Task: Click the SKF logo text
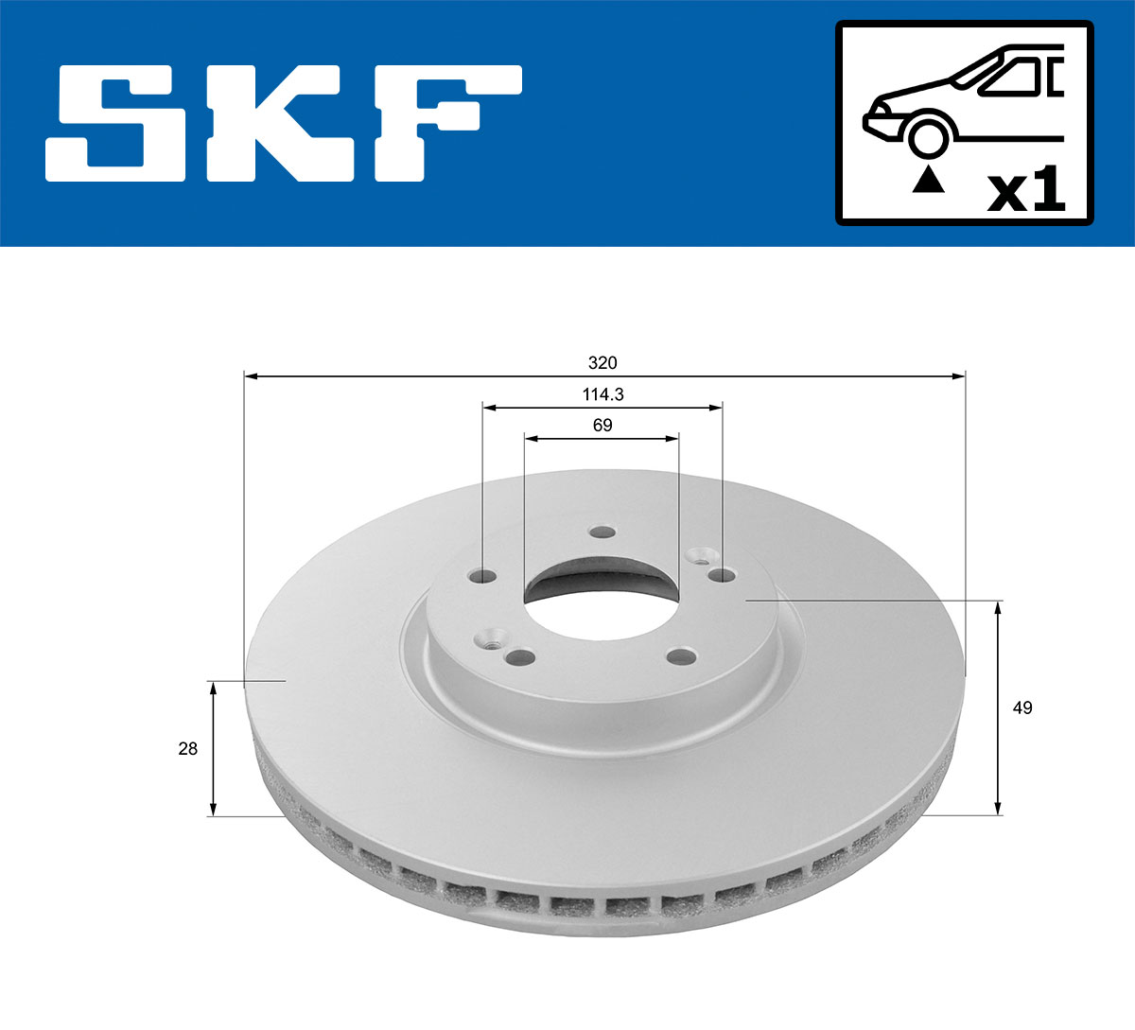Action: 284,123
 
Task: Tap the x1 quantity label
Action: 1026,192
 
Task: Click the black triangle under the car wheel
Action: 928,179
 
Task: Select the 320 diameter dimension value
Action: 602,363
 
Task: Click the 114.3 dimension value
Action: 602,394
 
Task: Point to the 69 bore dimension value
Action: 602,426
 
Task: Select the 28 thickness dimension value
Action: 188,748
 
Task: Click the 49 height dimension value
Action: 1022,707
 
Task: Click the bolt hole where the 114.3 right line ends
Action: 722,574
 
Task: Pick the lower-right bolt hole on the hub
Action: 679,655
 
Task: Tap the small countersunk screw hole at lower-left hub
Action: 490,640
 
